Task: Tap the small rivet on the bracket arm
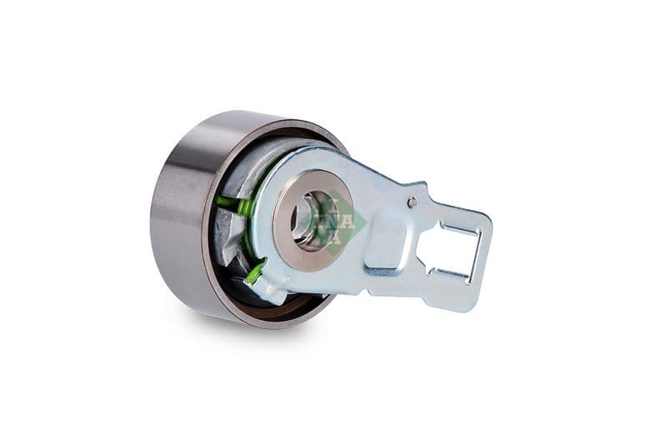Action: click(x=411, y=202)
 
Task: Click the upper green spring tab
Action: click(x=233, y=202)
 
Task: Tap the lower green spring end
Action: click(x=254, y=272)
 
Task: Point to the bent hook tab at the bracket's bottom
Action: click(x=265, y=287)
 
